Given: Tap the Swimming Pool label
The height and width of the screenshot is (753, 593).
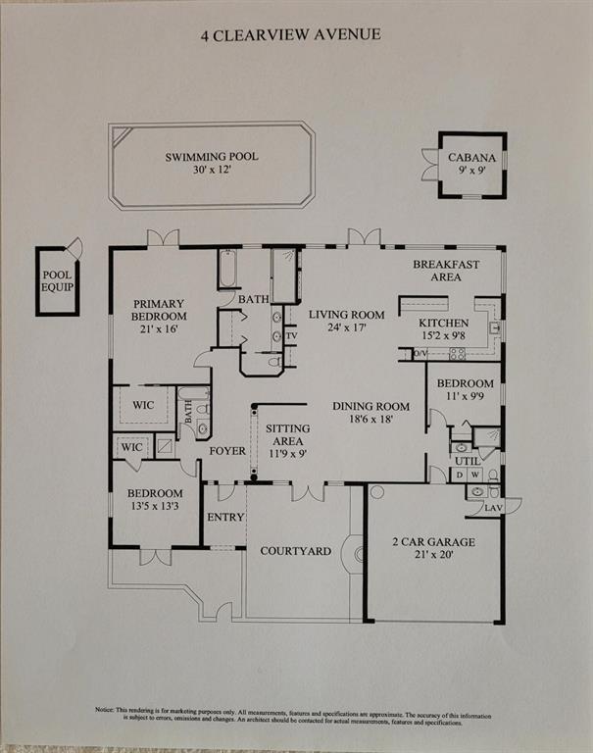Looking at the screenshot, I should click(x=212, y=157).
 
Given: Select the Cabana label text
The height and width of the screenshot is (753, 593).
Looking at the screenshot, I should click(x=471, y=158).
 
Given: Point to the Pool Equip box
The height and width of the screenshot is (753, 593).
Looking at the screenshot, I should click(x=56, y=280).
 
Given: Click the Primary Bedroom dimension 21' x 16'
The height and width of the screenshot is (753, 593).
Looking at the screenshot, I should click(x=159, y=331).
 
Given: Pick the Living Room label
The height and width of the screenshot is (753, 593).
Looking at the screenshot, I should click(x=345, y=315).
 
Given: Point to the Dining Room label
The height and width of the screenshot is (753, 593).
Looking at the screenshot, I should click(x=370, y=406).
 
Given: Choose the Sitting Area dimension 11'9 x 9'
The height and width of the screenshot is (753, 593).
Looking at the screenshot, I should click(x=288, y=454).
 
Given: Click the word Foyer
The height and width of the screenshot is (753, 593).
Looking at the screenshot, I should click(x=225, y=450).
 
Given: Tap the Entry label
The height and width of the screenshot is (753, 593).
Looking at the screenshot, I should click(x=223, y=518).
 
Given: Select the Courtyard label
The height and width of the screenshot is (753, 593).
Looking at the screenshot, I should click(x=295, y=550).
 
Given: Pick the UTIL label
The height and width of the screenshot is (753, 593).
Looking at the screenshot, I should click(x=468, y=460).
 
